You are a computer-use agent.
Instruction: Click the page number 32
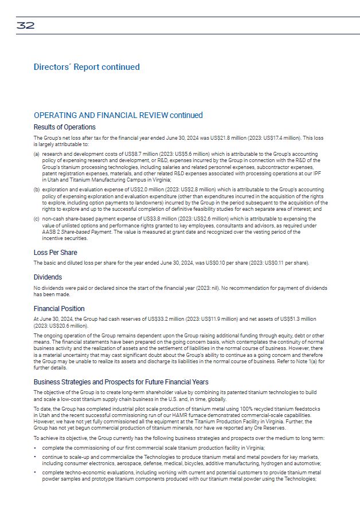pyautogui.click(x=25, y=25)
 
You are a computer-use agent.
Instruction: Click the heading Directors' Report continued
pyautogui.click(x=87, y=67)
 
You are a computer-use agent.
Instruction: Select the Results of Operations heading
pyautogui.click(x=65, y=127)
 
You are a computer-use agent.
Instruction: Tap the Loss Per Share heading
pyautogui.click(x=56, y=253)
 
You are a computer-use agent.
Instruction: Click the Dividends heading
pyautogui.click(x=48, y=277)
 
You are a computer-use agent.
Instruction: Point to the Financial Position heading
pyautogui.click(x=59, y=309)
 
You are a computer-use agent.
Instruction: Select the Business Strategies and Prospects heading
pyautogui.click(x=121, y=382)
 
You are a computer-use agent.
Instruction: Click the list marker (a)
pyautogui.click(x=37, y=155)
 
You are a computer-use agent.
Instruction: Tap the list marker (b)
pyautogui.click(x=37, y=188)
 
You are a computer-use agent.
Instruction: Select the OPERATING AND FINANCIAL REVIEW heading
pyautogui.click(x=118, y=115)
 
